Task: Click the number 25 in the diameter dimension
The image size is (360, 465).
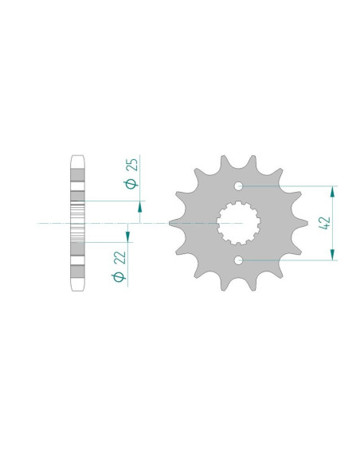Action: click(132, 165)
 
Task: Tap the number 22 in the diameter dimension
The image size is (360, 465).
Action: click(119, 257)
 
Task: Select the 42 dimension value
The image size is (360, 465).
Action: click(324, 223)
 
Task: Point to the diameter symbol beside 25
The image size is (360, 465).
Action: click(131, 184)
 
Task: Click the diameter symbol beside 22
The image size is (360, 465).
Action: click(119, 276)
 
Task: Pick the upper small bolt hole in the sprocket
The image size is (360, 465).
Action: click(238, 186)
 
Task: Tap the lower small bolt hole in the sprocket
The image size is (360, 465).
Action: click(238, 260)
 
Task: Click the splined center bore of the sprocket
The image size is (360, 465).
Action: click(238, 223)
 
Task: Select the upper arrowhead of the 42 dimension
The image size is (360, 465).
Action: click(332, 192)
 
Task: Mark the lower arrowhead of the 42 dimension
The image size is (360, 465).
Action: click(332, 255)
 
